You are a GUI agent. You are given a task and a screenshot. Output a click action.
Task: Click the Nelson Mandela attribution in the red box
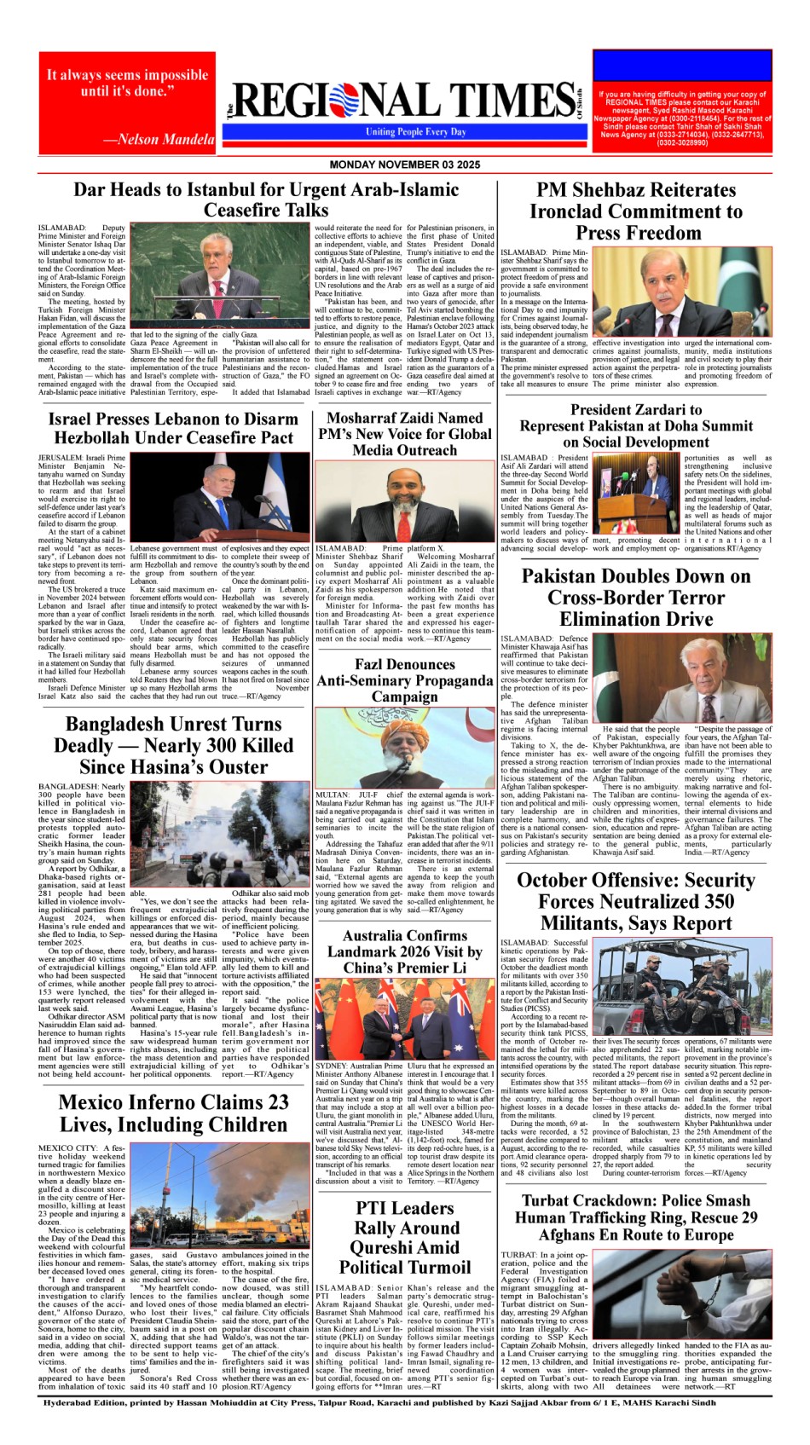click(x=159, y=140)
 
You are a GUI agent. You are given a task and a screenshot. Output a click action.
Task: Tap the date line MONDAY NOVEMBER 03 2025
click(x=404, y=165)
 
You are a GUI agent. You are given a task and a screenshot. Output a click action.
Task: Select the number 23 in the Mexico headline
click(x=277, y=1103)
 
